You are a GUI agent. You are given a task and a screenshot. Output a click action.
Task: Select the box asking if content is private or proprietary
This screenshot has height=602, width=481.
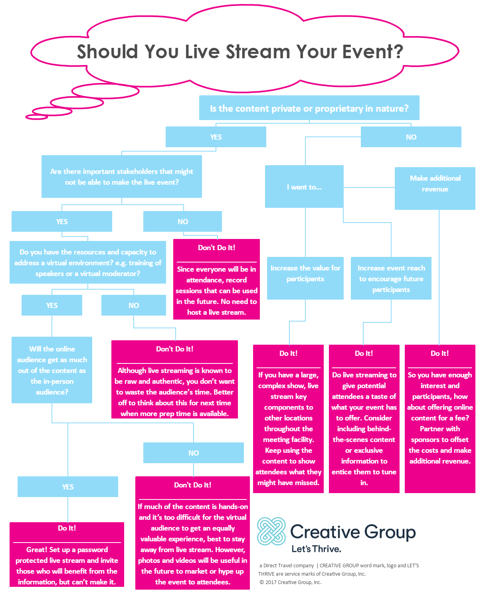pos(309,108)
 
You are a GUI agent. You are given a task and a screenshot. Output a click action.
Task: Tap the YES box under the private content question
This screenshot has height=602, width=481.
pos(216,137)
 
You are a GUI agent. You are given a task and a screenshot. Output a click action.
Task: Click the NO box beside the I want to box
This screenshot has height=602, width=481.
pos(411,137)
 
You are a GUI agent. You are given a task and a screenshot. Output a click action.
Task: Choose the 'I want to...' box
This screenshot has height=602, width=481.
pos(304,187)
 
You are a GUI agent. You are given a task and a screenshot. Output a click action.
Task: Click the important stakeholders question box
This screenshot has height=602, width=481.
pos(121,177)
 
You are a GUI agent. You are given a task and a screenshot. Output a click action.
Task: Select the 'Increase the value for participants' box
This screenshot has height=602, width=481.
pos(305,278)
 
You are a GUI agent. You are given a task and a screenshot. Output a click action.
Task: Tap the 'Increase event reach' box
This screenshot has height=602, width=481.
pos(391,278)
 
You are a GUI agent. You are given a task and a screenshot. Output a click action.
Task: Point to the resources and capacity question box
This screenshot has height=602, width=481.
pos(87,263)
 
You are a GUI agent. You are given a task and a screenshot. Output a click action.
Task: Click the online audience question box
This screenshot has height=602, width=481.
pos(52,370)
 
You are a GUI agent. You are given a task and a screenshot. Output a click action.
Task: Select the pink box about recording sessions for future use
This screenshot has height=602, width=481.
pos(216,279)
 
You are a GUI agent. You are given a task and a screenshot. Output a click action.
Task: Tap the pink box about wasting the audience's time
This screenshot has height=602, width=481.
pos(174,379)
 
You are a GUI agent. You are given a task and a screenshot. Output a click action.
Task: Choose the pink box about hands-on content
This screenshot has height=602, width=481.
pos(192,533)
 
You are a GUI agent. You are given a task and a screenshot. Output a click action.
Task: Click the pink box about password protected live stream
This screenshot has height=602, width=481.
pos(67,555)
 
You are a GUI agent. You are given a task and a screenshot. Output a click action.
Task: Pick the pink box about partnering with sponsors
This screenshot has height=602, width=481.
pos(439,418)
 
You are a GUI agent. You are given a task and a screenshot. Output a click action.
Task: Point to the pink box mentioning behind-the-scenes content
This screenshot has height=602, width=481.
pos(364,418)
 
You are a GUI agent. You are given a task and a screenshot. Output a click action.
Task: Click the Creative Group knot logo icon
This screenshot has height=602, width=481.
pos(271,531)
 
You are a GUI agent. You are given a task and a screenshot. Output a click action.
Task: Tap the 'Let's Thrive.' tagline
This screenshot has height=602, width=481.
pos(316,549)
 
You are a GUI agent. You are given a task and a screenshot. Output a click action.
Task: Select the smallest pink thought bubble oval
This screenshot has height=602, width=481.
pos(36,117)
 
